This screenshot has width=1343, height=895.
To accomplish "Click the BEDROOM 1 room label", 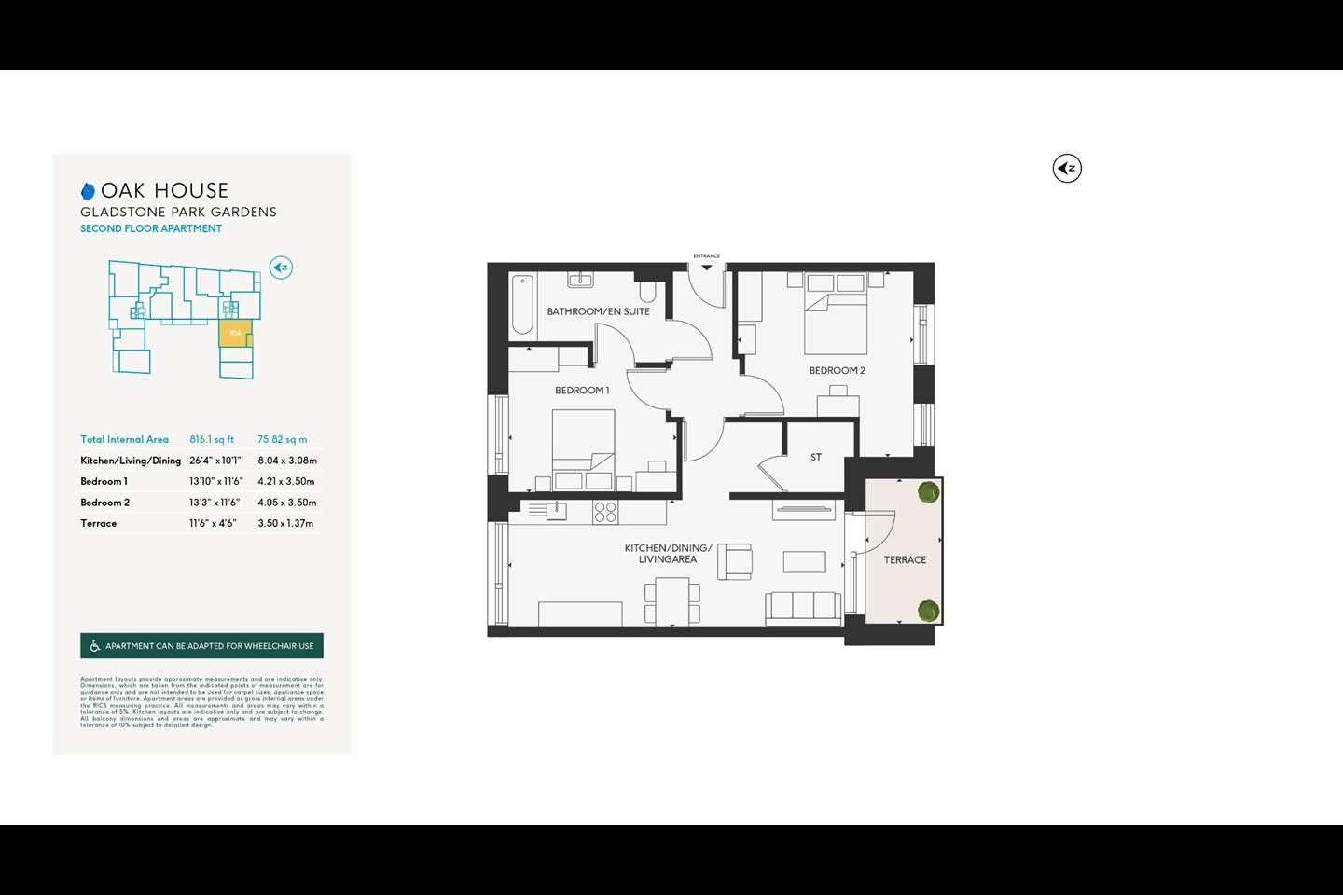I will pos(582,391).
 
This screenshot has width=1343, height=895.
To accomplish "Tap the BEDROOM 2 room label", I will pos(837,371).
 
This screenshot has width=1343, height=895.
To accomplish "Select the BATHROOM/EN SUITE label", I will pos(598,311).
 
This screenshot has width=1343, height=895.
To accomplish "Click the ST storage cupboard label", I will pos(816,458).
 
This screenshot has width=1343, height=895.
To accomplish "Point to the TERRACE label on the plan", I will pos(905,560).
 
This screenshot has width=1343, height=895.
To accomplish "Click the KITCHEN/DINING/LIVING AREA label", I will pos(668,554).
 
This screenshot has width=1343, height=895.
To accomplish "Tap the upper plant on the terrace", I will pos(928,492).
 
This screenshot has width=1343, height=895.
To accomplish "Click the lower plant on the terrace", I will pos(928,611).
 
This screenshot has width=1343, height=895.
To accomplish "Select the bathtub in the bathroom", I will pos(523,304).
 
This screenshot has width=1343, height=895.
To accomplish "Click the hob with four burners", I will pos(605,511).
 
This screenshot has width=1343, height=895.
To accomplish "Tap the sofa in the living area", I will pos(803,607).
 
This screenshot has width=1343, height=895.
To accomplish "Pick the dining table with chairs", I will pos(672,601).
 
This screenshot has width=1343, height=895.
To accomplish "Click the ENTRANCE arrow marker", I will pos(707,267).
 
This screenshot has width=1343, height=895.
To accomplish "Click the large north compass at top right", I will pos(1067,169).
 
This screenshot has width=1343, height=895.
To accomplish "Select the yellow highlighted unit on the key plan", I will pos(235,333).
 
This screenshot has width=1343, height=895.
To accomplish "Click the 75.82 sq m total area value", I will pos(282,440).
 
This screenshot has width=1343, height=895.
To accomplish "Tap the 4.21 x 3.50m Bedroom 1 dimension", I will pos(285,482).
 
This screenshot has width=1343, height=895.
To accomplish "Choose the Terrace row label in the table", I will pos(99,524).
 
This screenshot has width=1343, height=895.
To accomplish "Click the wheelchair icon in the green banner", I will pos(94,646).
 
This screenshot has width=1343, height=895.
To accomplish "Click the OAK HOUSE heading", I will pos(164,191).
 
